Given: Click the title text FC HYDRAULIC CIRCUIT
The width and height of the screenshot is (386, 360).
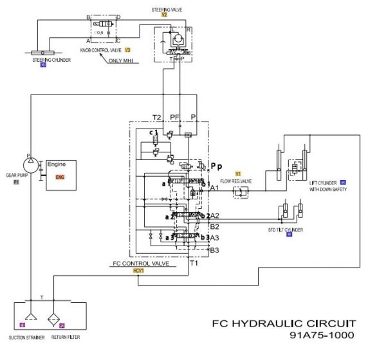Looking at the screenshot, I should pyautogui.click(x=283, y=323).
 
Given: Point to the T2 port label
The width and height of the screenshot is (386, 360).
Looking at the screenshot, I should pyautogui.click(x=156, y=117).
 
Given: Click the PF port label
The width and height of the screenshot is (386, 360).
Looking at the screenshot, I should pyautogui.click(x=174, y=117).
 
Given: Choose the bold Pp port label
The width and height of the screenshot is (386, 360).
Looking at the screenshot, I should pyautogui.click(x=216, y=165).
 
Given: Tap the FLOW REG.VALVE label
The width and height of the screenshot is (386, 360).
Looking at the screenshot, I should pyautogui.click(x=236, y=181).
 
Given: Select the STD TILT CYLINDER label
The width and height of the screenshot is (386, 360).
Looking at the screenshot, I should pyautogui.click(x=285, y=230).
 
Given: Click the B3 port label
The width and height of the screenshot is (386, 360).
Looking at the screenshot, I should pyautogui.click(x=215, y=250).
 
